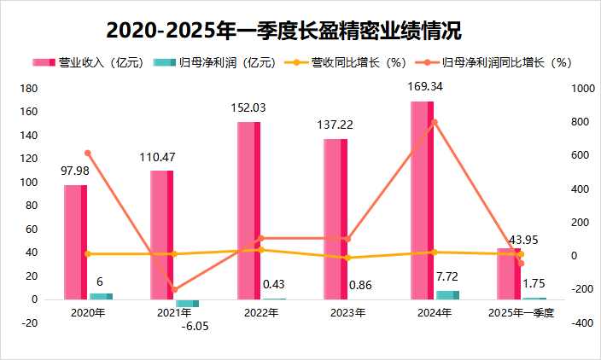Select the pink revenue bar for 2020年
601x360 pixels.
(x=75, y=242)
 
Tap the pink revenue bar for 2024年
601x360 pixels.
(x=422, y=200)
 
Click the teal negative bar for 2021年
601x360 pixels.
(x=187, y=303)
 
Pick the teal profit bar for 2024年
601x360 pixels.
(x=447, y=295)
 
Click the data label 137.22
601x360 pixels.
(x=336, y=125)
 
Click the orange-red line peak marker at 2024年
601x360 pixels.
(x=435, y=122)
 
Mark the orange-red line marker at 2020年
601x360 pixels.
(x=88, y=154)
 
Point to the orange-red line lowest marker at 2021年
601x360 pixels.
(x=174, y=290)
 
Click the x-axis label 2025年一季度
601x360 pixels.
(x=522, y=313)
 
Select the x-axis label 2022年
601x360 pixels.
(x=261, y=313)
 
